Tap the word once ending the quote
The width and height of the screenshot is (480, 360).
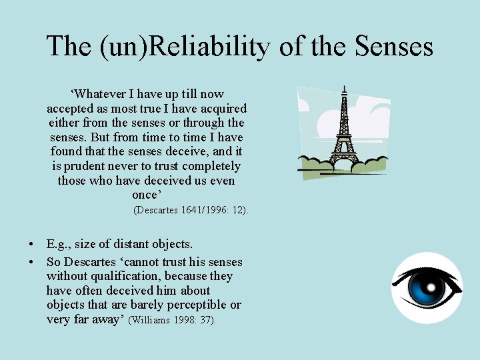(146, 195)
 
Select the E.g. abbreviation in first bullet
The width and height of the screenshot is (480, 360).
(59, 244)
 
